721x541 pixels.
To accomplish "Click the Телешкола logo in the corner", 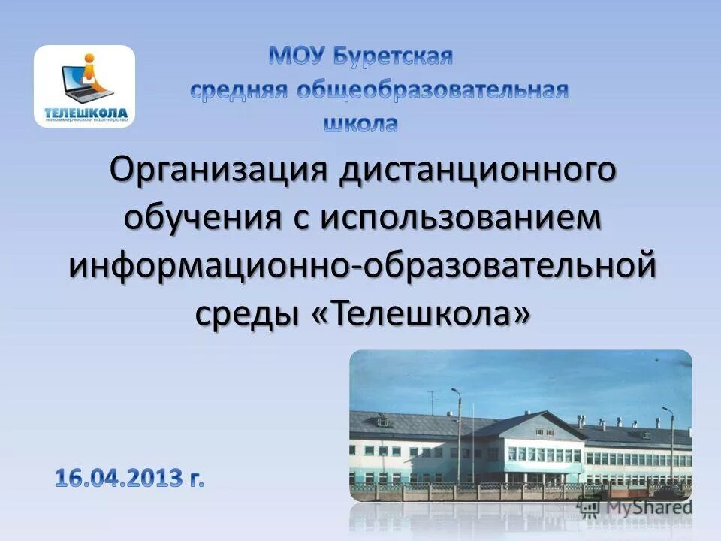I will click(x=84, y=86).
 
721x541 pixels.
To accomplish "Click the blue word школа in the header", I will click(x=360, y=123).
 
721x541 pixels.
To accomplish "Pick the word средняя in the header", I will click(x=238, y=91).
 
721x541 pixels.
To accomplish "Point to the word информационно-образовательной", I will click(x=364, y=267).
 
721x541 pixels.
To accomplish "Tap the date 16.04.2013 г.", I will click(x=129, y=477).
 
